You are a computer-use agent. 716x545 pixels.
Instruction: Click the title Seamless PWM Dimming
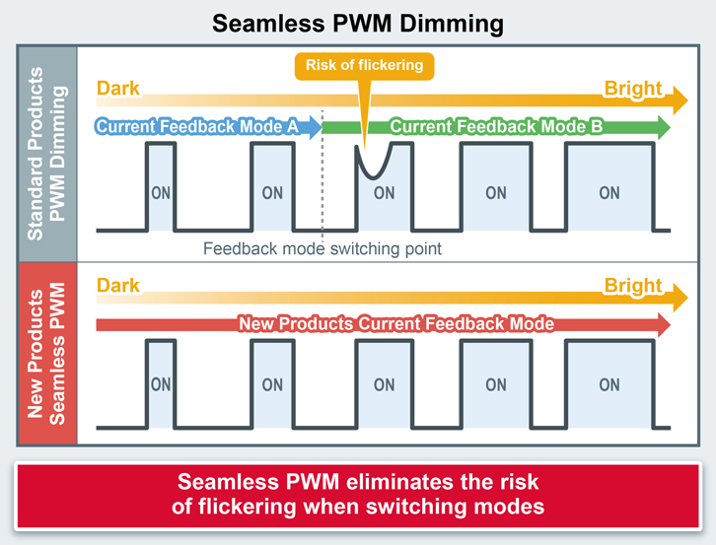click(x=358, y=22)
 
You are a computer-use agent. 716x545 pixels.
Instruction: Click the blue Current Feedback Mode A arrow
click(x=207, y=126)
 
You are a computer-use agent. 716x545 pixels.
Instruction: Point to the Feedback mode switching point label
click(x=322, y=249)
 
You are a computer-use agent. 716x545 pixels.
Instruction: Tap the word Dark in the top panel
click(x=118, y=89)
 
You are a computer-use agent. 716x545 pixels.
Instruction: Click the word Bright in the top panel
click(x=632, y=89)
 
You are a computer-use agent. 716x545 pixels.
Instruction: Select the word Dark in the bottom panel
click(x=118, y=286)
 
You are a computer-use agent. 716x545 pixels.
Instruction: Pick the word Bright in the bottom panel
click(x=632, y=286)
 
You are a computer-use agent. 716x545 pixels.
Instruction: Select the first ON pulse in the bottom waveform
click(x=161, y=384)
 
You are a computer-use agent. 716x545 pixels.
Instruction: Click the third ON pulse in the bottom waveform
click(x=384, y=384)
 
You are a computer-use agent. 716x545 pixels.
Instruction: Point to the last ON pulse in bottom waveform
click(x=609, y=384)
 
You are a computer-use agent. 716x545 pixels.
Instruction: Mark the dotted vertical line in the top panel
click(x=322, y=187)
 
